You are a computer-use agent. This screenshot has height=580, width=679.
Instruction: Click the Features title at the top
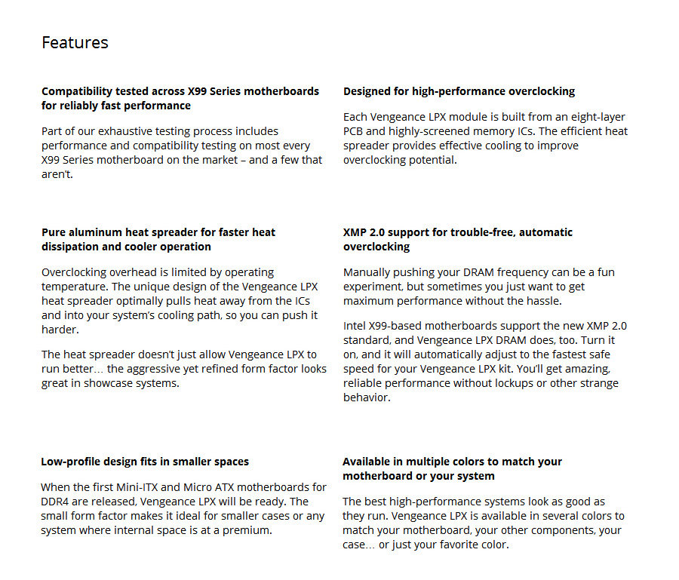click(x=75, y=42)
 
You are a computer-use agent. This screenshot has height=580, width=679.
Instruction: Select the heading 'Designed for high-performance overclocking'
click(x=459, y=91)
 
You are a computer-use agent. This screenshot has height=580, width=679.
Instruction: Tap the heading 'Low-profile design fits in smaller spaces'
click(x=145, y=462)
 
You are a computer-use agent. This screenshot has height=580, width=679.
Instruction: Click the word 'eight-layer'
click(x=595, y=117)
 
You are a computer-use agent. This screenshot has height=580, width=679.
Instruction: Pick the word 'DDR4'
click(x=57, y=502)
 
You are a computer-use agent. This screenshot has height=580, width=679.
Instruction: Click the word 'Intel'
click(x=356, y=326)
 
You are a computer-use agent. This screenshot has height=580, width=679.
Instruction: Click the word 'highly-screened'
click(x=409, y=131)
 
